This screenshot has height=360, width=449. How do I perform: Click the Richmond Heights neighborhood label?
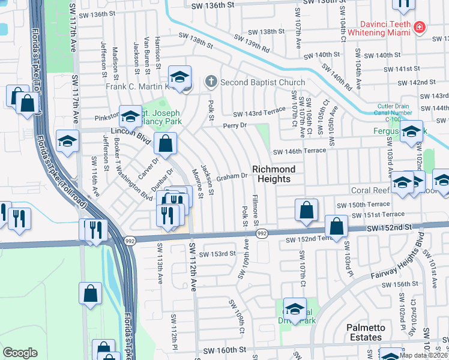click(274, 174)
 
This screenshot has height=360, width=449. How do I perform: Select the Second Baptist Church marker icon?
click(211, 81)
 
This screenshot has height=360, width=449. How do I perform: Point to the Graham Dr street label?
click(232, 176)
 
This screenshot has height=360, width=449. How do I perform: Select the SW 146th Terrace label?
click(299, 152)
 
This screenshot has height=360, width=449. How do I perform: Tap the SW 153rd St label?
click(217, 254)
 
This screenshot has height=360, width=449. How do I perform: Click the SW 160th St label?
click(224, 350)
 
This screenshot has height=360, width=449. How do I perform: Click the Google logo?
click(20, 353)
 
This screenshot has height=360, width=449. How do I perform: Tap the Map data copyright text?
click(423, 355)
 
